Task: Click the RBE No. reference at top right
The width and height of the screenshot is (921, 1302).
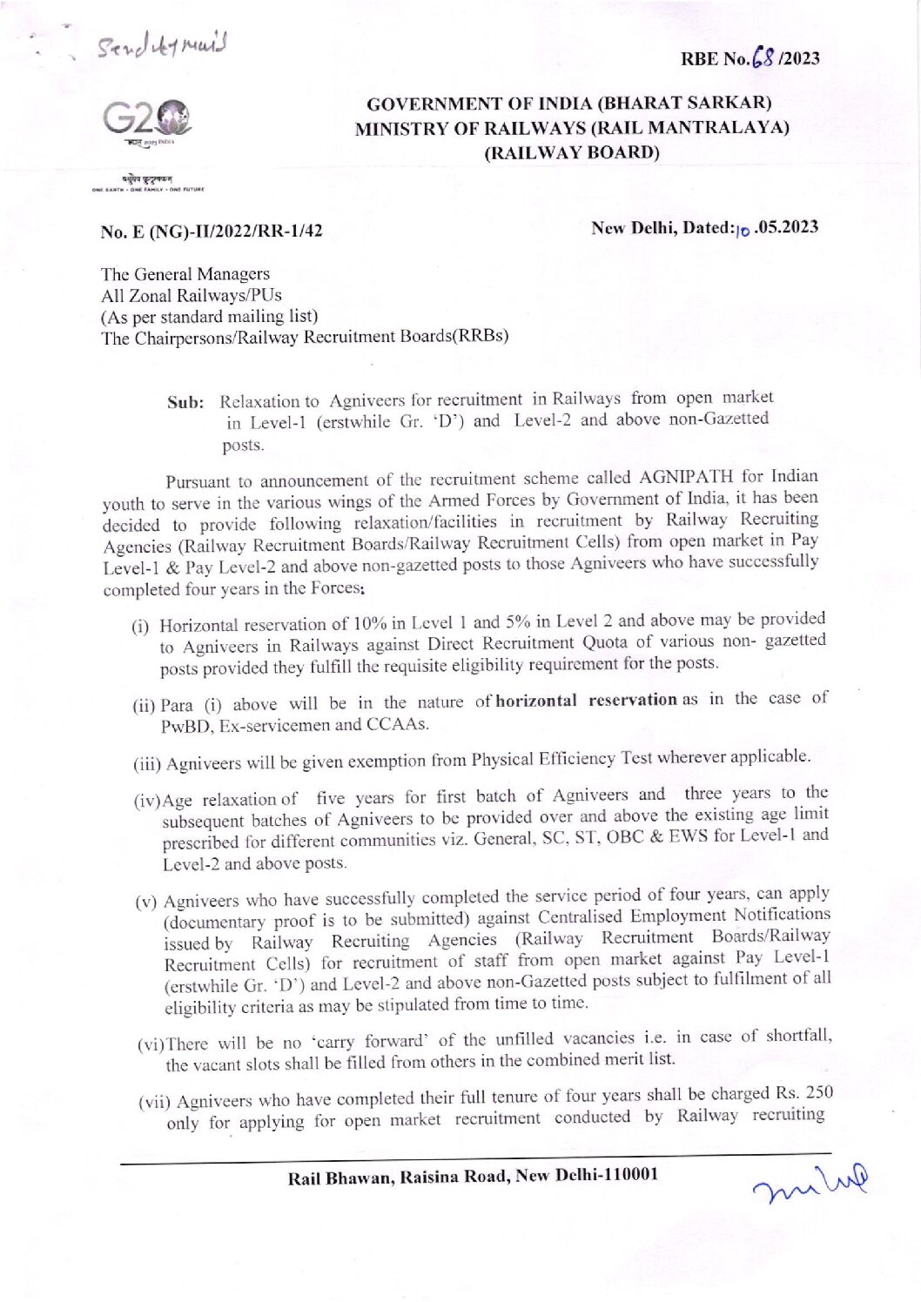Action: point(750,58)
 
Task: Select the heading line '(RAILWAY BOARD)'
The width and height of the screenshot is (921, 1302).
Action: point(571,153)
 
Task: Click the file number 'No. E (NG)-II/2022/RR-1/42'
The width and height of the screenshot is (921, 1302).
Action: point(212,232)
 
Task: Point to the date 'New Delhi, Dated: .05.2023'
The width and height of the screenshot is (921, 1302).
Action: point(704,228)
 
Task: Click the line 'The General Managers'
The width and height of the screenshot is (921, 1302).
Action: point(185,274)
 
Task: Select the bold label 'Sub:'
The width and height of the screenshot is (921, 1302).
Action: point(185,403)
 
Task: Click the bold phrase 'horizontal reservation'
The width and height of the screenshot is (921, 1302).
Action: point(586,700)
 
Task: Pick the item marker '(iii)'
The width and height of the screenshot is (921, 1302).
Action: point(147,765)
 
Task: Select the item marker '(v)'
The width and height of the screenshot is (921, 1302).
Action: point(146,902)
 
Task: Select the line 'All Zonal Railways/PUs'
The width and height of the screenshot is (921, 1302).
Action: point(192,295)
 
